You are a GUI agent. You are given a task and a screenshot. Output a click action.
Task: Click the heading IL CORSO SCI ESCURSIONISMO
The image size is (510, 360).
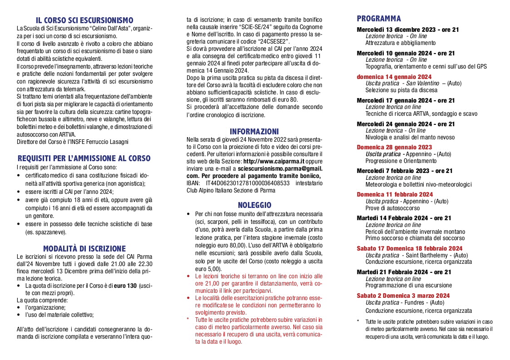(84, 20)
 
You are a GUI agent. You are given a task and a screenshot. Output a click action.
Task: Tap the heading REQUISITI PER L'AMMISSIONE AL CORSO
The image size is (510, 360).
(84, 158)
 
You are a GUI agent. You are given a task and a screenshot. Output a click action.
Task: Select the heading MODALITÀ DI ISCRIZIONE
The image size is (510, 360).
(84, 248)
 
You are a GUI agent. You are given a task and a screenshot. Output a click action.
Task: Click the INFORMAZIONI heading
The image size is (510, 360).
(254, 132)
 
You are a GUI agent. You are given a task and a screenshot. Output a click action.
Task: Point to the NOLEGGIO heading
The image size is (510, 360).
(254, 205)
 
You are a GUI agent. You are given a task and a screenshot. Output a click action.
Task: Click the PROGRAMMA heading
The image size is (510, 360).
(379, 19)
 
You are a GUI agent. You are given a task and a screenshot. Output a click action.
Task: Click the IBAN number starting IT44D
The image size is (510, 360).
(245, 183)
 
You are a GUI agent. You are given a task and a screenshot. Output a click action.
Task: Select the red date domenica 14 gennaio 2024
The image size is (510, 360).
(394, 77)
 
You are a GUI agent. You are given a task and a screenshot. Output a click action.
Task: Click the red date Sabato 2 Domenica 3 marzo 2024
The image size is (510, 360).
(403, 296)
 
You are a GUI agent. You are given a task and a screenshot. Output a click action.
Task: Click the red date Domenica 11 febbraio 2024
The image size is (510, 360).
(394, 194)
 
